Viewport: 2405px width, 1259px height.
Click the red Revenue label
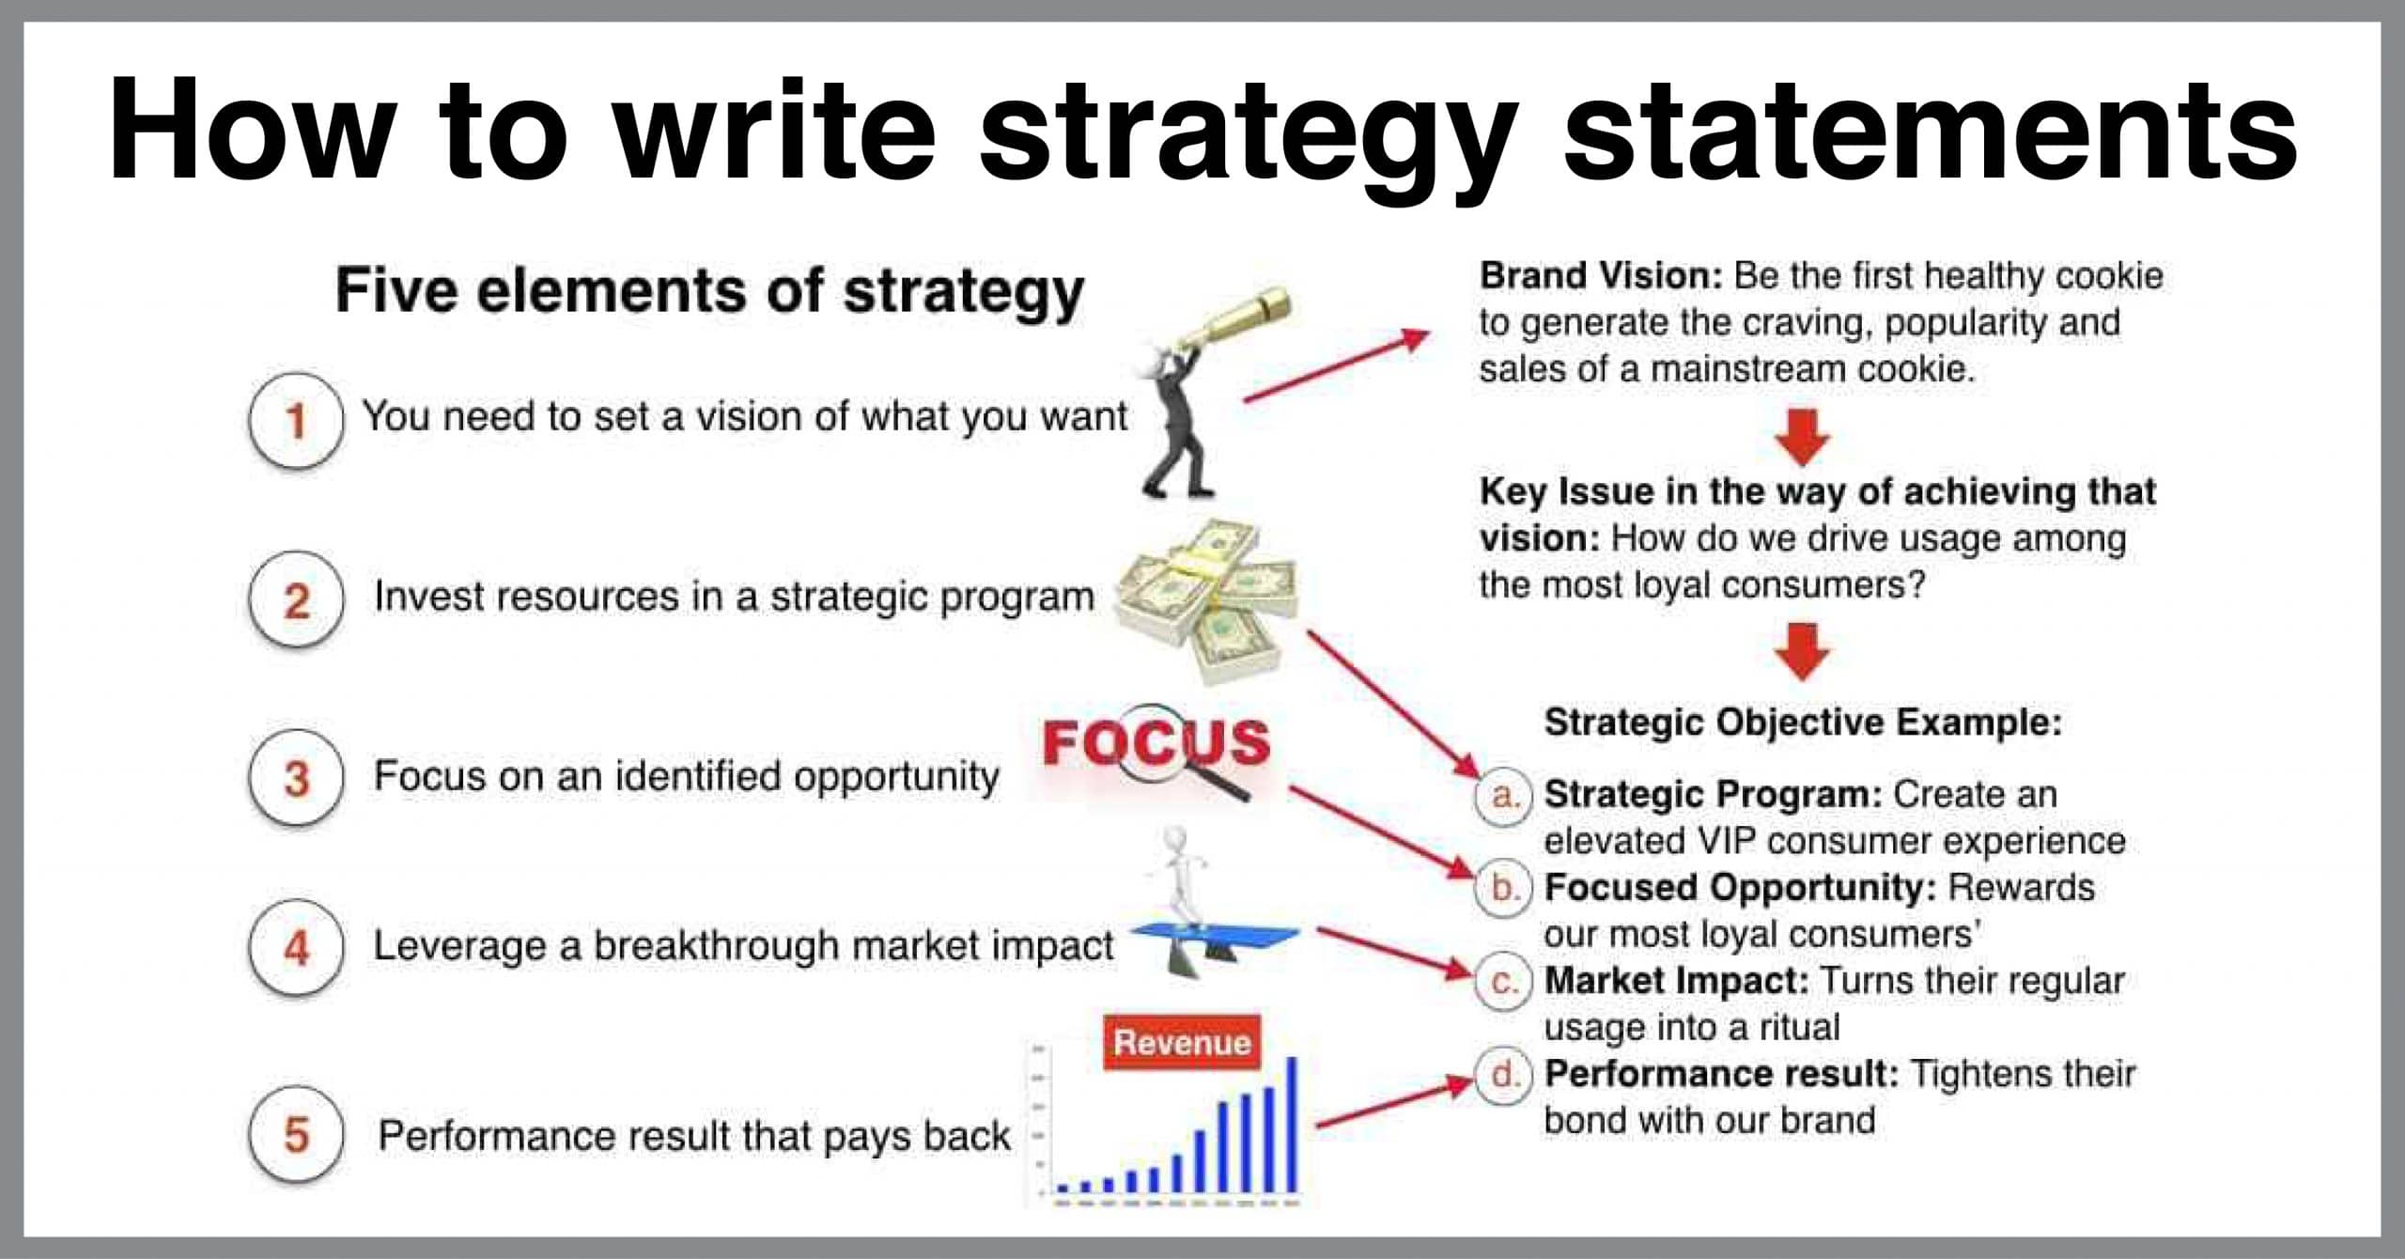click(x=1182, y=1042)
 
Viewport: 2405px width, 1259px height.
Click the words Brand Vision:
click(x=1601, y=276)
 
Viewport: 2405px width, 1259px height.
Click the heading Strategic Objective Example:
click(x=1803, y=723)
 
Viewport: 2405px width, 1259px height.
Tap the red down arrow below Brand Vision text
click(x=1803, y=437)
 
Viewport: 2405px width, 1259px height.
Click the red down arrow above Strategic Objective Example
click(x=1803, y=651)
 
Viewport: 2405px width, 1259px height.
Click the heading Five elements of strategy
click(x=710, y=291)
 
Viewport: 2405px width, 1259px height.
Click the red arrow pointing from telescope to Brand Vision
click(x=1336, y=366)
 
